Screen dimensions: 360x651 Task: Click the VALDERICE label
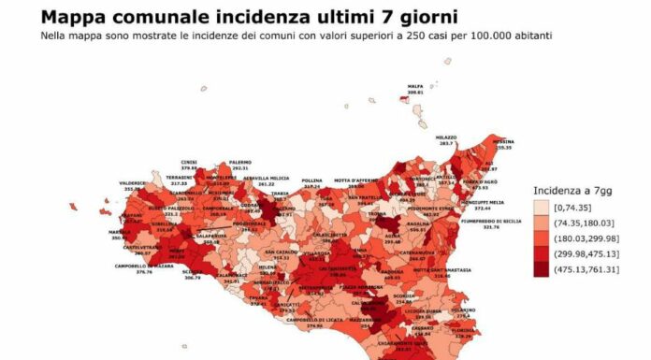133,184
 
